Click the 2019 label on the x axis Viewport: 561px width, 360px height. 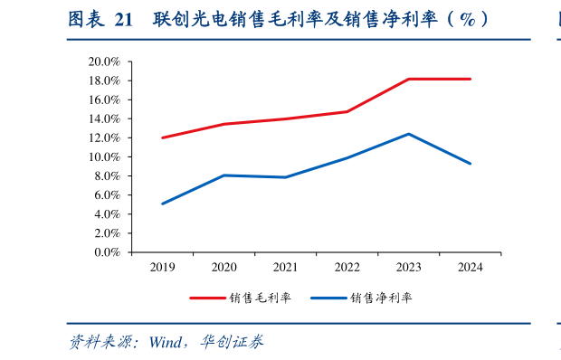[163, 267]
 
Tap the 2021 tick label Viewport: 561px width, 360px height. [286, 267]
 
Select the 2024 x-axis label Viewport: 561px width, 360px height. [470, 267]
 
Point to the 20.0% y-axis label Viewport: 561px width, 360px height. [105, 62]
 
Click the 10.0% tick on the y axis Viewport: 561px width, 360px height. [105, 156]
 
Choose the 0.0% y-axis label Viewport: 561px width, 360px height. [108, 252]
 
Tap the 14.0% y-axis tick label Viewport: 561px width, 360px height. [105, 118]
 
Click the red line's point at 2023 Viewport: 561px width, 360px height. [409, 80]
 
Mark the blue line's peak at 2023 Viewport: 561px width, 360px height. [409, 134]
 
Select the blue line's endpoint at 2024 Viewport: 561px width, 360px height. [470, 164]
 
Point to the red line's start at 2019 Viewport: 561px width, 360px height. [163, 137]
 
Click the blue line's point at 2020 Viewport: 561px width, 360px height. [224, 175]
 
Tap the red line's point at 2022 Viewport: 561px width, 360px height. [347, 112]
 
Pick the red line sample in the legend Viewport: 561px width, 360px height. [207, 298]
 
